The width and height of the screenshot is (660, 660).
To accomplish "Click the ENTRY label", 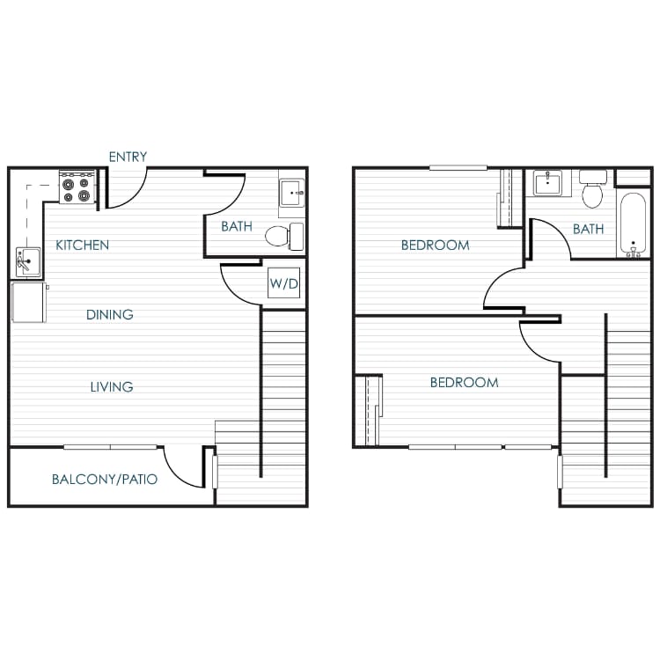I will point(128,157).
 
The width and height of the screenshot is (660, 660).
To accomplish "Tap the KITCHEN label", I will point(83,245).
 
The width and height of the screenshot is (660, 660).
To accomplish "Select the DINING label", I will point(110,314).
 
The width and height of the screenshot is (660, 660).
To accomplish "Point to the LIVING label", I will point(112,386).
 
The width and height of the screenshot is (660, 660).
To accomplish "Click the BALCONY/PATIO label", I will point(105,480).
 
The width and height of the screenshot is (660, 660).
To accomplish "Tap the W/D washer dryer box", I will point(282,284).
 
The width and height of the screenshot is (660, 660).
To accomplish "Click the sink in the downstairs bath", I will point(291,192).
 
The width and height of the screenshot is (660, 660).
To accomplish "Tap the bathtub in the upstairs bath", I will point(632,224).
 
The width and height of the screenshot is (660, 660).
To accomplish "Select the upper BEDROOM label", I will point(435,245).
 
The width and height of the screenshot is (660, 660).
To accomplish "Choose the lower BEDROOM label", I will point(464,383).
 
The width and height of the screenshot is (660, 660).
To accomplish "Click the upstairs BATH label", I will point(589,229).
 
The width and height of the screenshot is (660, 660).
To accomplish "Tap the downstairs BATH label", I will point(237,226).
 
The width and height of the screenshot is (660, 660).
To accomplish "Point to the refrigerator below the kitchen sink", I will point(29,302).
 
